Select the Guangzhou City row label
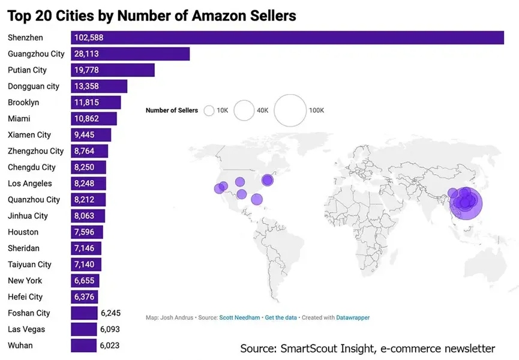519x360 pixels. (x=36, y=54)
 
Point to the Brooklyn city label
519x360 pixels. (x=23, y=103)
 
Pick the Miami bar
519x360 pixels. (x=94, y=119)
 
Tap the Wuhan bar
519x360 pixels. (x=83, y=346)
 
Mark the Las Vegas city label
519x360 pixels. (x=26, y=329)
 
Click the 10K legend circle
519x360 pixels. (x=209, y=111)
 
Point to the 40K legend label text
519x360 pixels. (x=262, y=111)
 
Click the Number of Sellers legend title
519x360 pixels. (x=172, y=111)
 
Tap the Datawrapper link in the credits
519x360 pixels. (x=353, y=317)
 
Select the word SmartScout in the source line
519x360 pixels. (x=304, y=349)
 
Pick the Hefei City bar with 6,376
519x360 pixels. (x=84, y=297)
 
